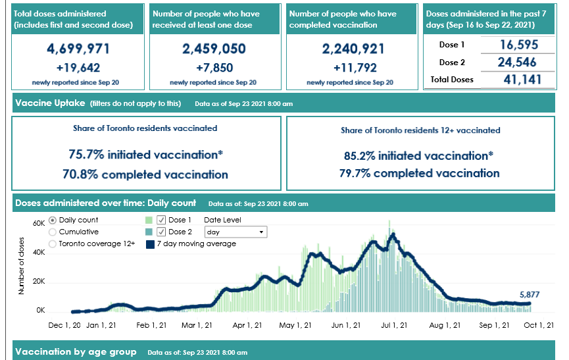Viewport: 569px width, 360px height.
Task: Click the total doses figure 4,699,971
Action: coord(78,49)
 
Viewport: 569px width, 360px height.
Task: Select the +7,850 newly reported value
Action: coord(214,68)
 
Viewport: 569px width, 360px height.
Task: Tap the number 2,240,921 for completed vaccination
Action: coord(353,49)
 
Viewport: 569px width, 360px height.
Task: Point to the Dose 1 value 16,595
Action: coord(519,45)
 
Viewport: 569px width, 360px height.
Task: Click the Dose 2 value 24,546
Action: coord(517,62)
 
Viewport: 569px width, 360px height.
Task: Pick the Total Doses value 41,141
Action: coord(522,80)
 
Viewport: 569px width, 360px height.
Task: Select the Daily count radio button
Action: coord(53,220)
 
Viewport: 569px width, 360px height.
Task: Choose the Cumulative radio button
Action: coord(53,232)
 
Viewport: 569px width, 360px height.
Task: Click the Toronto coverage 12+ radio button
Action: coord(53,244)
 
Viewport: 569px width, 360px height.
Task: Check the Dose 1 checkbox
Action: coord(161,220)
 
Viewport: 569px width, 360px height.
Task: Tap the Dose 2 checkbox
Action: coord(161,232)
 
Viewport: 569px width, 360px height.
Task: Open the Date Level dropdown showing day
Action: coord(236,232)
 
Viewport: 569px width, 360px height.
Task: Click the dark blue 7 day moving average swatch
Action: coord(150,244)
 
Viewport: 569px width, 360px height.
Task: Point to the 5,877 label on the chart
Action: coord(530,295)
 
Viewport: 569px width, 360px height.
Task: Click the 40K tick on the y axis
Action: coord(39,252)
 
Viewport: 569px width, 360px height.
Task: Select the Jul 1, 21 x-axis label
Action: coord(394,325)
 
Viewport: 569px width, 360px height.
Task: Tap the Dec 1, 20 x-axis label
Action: coord(64,325)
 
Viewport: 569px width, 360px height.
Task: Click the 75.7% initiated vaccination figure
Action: coord(146,155)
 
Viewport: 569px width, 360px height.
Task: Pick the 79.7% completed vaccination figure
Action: coord(420,174)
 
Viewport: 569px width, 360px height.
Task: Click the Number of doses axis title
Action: coord(21,266)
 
